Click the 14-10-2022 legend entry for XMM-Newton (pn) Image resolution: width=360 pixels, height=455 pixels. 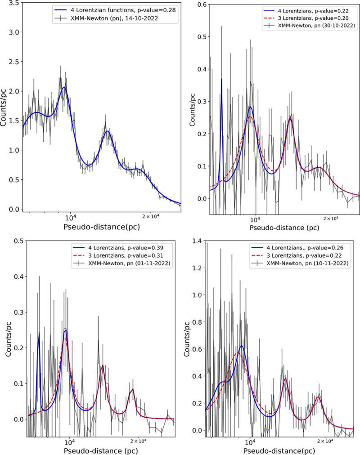[114, 18]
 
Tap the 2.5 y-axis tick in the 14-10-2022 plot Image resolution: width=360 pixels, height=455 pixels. [14, 62]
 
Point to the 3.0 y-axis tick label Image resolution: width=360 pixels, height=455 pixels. [14, 32]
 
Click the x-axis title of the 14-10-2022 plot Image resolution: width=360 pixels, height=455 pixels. [102, 227]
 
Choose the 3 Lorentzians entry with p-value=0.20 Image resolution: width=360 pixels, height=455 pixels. [310, 18]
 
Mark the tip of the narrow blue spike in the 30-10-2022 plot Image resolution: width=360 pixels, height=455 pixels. [221, 79]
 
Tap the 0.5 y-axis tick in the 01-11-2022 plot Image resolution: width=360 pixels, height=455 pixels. [18, 241]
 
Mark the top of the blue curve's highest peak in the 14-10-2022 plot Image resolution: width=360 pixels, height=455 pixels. [64, 87]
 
